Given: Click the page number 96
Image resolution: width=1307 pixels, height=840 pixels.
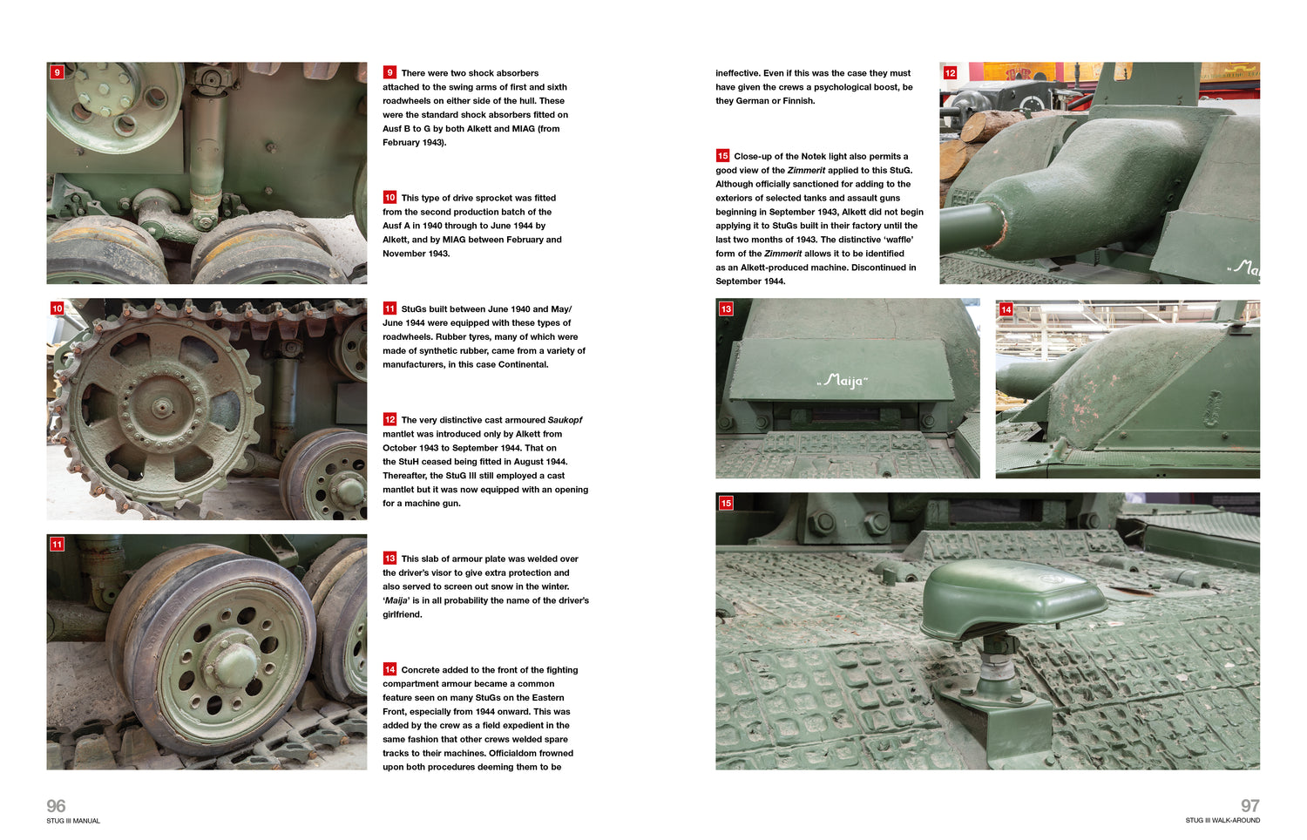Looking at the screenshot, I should (x=56, y=806).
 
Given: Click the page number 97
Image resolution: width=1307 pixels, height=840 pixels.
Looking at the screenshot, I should (x=1249, y=806).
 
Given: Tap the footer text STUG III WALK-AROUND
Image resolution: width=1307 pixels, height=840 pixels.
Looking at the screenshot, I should (x=1222, y=821).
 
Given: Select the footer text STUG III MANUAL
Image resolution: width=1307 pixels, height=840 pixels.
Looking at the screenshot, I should (x=73, y=821).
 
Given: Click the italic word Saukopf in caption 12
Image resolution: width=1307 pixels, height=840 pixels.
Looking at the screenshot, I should (x=565, y=420).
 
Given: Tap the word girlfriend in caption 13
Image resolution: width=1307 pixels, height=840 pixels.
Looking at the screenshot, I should (x=401, y=614).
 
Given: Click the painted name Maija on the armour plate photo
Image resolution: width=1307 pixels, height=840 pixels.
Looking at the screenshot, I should (x=843, y=381).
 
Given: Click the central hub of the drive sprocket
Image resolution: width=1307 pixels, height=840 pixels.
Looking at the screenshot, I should (x=162, y=407).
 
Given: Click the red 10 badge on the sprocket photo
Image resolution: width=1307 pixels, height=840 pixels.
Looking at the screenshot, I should (x=58, y=308).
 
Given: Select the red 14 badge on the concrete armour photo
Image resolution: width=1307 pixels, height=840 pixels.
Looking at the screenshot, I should (x=1006, y=309).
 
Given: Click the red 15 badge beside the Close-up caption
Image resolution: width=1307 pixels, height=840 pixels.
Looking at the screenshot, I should (x=722, y=156).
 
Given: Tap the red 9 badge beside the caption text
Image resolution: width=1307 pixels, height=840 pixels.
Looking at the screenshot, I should (x=389, y=72).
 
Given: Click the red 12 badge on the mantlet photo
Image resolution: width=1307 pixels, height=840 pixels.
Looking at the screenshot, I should (x=950, y=73).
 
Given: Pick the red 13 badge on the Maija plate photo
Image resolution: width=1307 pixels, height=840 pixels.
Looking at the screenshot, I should (x=726, y=308).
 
